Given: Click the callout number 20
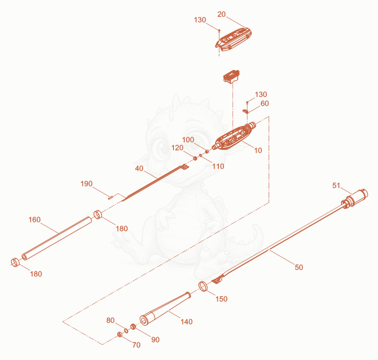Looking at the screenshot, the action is [221, 15].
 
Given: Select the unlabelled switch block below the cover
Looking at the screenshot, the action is [232, 76].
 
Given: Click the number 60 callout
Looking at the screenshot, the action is [265, 103].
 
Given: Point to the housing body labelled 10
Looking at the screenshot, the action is [234, 137].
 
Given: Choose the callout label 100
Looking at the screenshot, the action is [188, 140].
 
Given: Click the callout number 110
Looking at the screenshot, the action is [218, 166].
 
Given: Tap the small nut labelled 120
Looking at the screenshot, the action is [195, 158].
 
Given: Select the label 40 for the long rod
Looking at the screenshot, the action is [139, 168].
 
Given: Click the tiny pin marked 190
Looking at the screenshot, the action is [111, 198].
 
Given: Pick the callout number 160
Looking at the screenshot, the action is [34, 220].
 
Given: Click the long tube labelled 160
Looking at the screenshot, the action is [57, 238].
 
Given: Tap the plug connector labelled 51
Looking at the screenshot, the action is [355, 199].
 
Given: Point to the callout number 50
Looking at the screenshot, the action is [299, 267].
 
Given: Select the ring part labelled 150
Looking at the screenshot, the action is [203, 286].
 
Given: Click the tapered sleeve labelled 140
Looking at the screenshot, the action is [165, 308].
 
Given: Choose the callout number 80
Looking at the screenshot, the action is [110, 320].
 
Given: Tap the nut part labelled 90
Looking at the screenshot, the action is [133, 327].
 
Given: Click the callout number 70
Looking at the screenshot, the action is [136, 345].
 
